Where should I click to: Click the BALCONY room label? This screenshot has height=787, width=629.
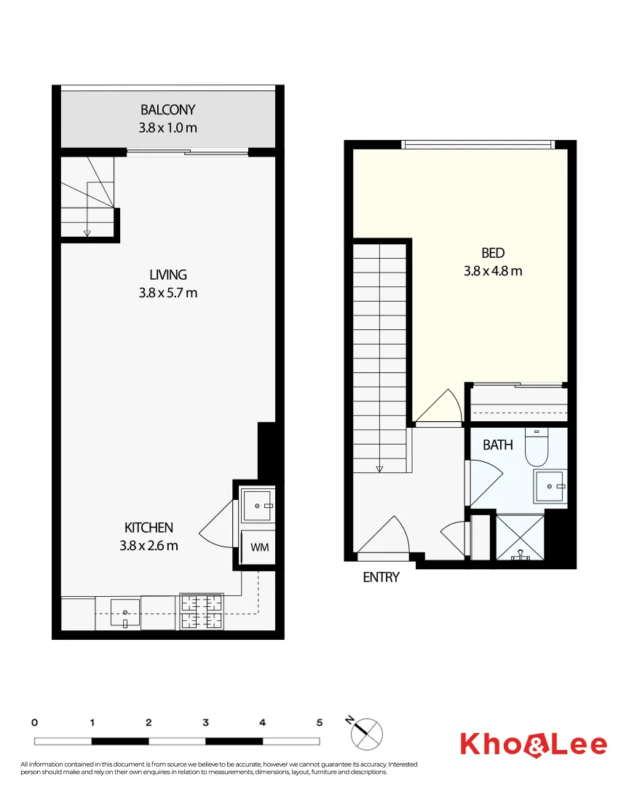[x=168, y=110]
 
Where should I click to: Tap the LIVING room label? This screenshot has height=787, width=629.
[x=168, y=275]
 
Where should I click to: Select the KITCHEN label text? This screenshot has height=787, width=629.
[x=149, y=528]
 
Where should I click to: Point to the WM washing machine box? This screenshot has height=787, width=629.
[x=258, y=547]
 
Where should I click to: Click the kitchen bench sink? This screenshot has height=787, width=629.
[x=125, y=612]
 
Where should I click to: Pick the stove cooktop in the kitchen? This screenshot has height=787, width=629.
[x=201, y=611]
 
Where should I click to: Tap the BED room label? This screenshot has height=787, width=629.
[x=493, y=253]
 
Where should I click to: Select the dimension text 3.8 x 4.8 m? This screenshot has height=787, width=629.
[x=493, y=271]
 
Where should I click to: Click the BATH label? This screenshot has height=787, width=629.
[x=498, y=445]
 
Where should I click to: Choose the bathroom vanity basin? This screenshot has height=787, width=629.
[x=550, y=486]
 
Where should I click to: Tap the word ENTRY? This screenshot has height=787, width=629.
[x=381, y=578]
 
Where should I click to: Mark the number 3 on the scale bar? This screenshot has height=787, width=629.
[x=206, y=723]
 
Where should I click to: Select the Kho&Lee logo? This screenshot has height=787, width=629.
[x=533, y=744]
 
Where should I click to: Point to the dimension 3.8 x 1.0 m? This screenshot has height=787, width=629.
[x=168, y=128]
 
